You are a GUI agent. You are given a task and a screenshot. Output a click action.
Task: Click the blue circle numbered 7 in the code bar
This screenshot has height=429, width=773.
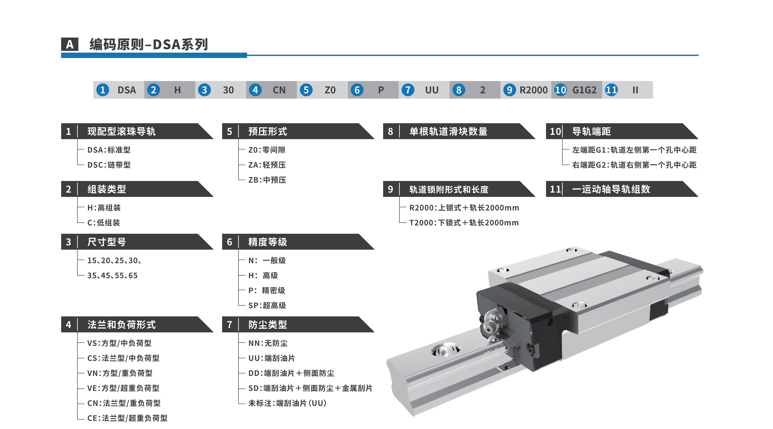point(408,90)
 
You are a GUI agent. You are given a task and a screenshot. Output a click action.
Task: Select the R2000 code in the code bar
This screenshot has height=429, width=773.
point(533,90)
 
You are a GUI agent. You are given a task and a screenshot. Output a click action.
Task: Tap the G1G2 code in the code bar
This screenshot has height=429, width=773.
point(584,90)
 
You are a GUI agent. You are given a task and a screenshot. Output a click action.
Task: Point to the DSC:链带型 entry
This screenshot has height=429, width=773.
point(109,165)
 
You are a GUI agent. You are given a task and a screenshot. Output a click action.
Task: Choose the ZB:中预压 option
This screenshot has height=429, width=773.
point(267,180)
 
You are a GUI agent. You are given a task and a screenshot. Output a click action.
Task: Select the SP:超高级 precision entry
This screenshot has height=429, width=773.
point(267,305)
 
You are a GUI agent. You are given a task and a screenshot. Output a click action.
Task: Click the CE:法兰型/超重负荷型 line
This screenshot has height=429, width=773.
point(127,418)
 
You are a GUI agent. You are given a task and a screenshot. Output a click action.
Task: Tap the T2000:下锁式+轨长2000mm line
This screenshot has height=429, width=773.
point(464,222)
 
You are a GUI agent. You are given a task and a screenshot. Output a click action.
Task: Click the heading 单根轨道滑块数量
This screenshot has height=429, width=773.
point(448,131)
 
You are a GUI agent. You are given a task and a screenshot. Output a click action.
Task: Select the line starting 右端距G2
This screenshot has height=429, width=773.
point(634,165)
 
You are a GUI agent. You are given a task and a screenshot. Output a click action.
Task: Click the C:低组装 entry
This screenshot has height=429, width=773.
point(103,222)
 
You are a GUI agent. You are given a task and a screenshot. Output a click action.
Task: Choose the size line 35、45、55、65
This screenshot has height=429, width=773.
point(112,275)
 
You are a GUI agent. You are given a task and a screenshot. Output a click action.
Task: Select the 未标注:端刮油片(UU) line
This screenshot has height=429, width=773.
point(287,403)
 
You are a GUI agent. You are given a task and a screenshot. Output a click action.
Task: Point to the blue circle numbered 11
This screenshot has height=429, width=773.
point(611,90)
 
